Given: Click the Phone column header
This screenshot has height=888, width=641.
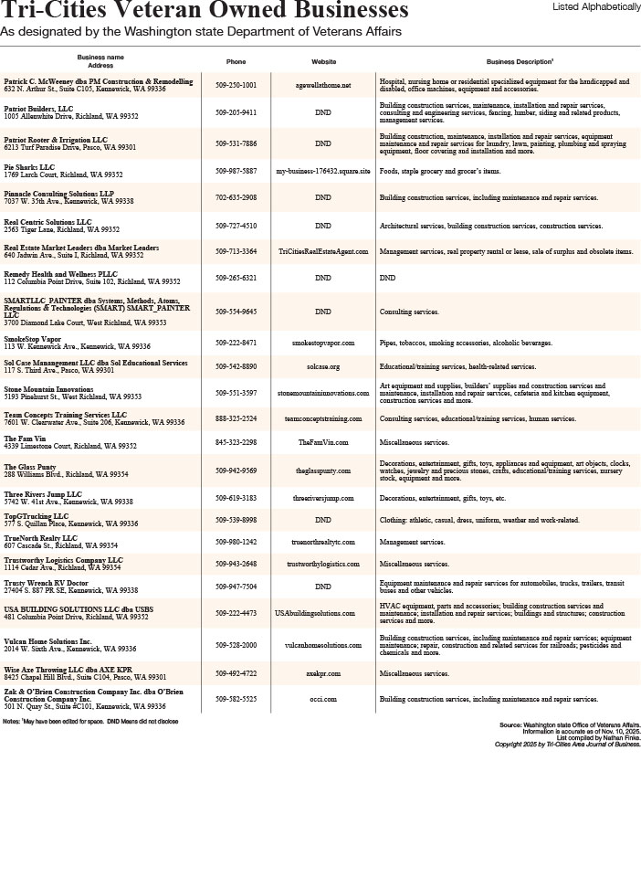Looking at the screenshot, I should point(236,62).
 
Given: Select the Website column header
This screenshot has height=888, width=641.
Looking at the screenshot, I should point(323,62).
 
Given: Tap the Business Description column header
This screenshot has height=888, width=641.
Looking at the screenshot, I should point(520,62).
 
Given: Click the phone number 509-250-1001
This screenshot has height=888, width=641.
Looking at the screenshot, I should point(236,85).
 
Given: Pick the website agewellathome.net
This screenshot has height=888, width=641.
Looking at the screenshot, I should point(323,85).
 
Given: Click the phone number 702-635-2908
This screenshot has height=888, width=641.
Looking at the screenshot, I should point(236,197).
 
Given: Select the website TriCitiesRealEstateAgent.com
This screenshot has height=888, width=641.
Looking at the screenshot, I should point(323,251).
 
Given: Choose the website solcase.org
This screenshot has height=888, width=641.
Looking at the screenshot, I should point(323,366).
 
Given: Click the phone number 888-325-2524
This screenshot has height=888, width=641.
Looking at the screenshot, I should point(236,418).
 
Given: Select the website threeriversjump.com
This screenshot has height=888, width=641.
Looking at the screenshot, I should point(323,499).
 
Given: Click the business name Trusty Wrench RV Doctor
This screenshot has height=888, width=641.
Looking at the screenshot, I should point(46,583).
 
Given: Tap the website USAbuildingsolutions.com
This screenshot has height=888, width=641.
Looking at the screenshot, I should point(314,613).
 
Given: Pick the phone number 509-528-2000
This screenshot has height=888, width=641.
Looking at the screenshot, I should point(236,645).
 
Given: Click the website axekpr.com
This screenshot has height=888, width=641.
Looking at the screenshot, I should point(323,673).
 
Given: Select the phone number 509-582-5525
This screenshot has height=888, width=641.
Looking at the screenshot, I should point(236,699).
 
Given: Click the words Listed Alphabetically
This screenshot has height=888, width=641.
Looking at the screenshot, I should point(596,6).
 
